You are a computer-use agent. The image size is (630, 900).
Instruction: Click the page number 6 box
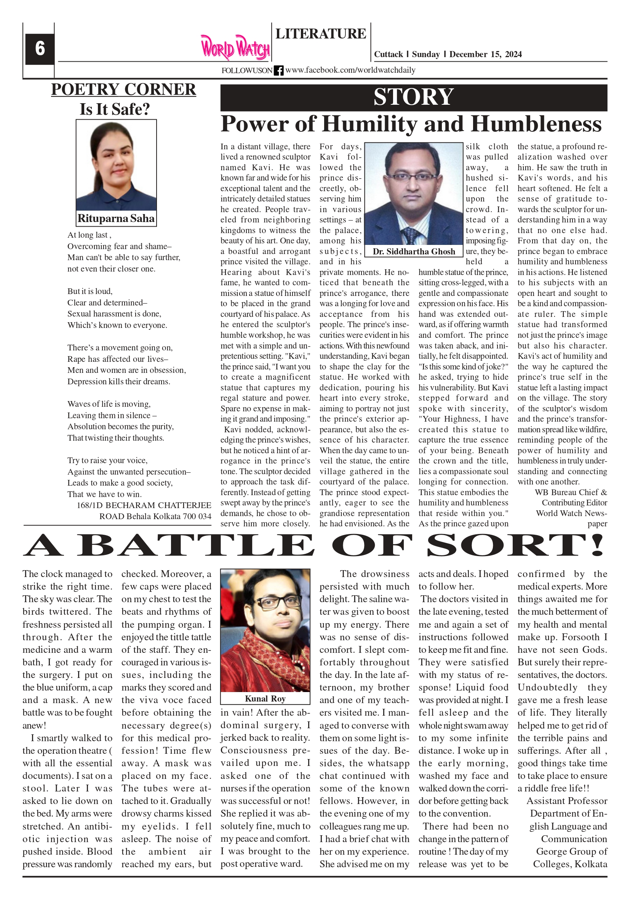pos(40,49)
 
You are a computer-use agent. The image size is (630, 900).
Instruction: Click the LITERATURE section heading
pos(321,34)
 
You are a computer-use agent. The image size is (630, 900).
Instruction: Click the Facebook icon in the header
pos(278,70)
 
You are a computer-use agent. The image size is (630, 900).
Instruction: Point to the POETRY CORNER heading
pos(123,90)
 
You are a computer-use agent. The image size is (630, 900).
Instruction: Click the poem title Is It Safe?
pos(115,109)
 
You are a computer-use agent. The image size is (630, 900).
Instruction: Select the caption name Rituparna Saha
pos(116,218)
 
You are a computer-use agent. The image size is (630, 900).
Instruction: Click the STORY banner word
pos(414,97)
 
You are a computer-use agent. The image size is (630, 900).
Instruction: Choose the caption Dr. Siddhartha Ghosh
pos(414,252)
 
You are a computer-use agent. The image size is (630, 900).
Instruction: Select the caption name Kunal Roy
pos(265,699)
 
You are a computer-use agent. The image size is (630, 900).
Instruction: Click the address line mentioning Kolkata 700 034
pos(155,516)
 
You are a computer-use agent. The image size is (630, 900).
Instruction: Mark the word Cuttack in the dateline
pos(388,54)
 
